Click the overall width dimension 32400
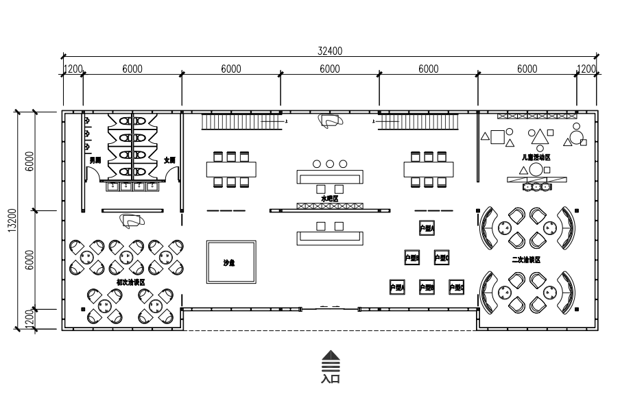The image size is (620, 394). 330,51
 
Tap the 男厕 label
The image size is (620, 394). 95,160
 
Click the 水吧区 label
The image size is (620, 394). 329,198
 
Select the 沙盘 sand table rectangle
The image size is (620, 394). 231,262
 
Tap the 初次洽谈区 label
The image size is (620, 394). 130,282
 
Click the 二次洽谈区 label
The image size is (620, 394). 526,260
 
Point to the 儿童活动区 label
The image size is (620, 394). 536,157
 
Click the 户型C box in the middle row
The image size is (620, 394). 442,258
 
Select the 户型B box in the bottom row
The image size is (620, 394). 427,287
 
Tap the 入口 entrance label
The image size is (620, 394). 331,378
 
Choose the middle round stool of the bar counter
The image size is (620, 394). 330,164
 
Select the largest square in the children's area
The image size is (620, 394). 497,136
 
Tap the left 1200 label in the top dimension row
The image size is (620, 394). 73,69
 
